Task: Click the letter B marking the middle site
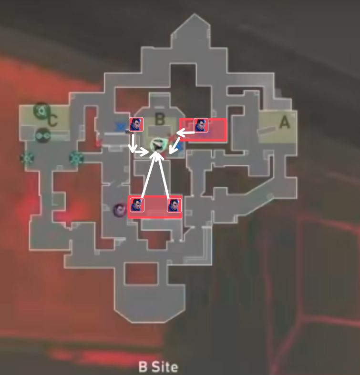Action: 160,119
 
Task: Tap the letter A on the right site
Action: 285,122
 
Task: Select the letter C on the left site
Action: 52,120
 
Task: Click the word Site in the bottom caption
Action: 165,366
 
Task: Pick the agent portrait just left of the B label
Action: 136,124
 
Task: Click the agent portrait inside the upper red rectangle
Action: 201,125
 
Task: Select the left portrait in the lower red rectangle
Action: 137,205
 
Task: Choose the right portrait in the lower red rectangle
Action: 174,205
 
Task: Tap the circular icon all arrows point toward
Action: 157,144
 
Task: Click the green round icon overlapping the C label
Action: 41,110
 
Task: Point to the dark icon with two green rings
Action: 43,136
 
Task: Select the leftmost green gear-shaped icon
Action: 27,158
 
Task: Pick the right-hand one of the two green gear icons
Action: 76,158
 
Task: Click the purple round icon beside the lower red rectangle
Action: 120,210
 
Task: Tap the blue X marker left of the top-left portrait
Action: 121,127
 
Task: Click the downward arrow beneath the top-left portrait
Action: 133,143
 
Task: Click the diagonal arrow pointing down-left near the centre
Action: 174,145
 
